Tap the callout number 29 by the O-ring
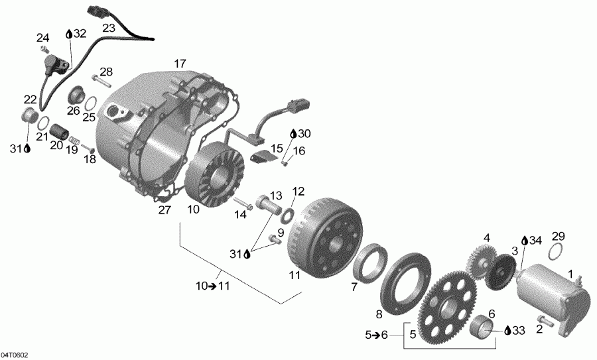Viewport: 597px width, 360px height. click(x=558, y=237)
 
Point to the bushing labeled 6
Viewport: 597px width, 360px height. click(x=486, y=329)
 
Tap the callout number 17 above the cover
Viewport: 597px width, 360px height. click(x=180, y=64)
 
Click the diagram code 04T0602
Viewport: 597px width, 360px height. click(x=15, y=355)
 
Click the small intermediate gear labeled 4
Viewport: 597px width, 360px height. click(x=480, y=259)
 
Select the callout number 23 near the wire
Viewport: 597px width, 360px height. click(x=108, y=28)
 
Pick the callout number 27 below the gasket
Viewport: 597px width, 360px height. click(x=164, y=210)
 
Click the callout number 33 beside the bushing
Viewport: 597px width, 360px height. click(x=517, y=329)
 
